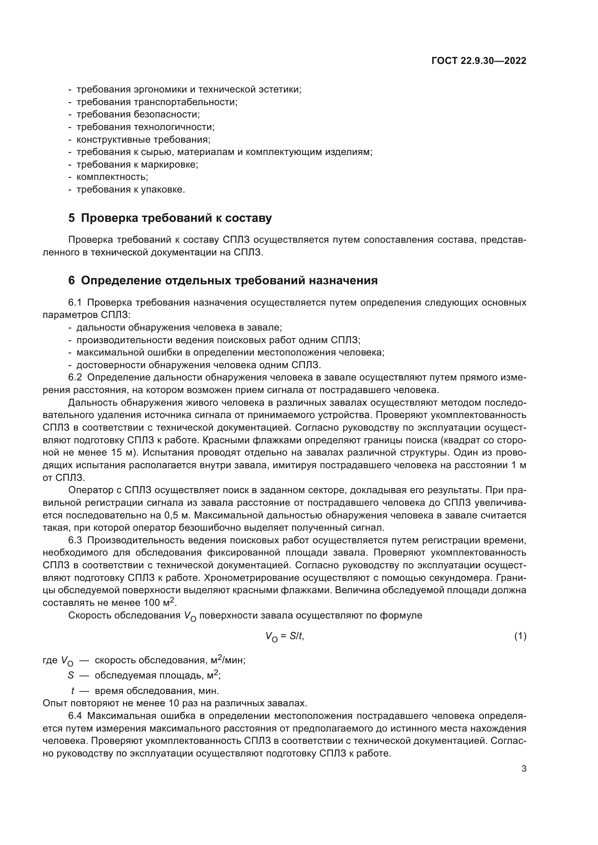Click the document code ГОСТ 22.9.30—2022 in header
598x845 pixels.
click(x=479, y=61)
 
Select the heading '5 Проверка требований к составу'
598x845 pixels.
click(x=170, y=218)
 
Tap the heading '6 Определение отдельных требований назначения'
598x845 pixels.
click(x=223, y=280)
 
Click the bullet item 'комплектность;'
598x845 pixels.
click(x=112, y=177)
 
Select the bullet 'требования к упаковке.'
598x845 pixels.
click(x=131, y=190)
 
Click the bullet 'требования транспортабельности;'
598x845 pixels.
click(x=157, y=102)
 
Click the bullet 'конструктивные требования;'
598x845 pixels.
click(x=143, y=139)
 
